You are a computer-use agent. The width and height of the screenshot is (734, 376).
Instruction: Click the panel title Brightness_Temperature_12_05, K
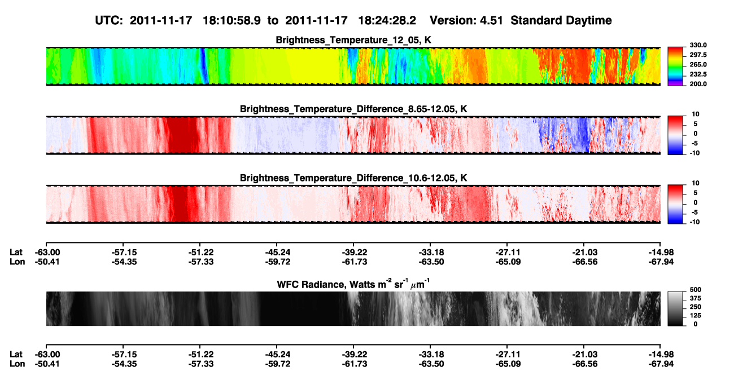[x=353, y=40]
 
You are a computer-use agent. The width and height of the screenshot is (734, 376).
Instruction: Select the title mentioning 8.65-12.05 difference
[x=353, y=109]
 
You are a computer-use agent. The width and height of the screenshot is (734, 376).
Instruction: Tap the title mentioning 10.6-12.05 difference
[x=353, y=178]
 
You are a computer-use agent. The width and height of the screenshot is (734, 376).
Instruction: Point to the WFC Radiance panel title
[x=353, y=284]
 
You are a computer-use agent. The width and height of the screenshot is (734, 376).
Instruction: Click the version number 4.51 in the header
[x=491, y=21]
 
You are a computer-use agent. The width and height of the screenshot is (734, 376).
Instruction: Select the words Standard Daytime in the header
[x=561, y=21]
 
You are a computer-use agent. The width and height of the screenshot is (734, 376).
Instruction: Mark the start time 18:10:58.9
[x=231, y=21]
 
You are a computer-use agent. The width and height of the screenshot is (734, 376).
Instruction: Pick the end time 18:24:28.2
[x=387, y=21]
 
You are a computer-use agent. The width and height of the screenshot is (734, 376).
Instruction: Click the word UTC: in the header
[x=109, y=21]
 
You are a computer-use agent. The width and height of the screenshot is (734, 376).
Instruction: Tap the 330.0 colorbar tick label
[x=698, y=45]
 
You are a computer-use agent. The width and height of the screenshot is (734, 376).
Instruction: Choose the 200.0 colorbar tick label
[x=698, y=84]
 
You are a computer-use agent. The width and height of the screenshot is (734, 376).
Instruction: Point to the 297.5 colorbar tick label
[x=698, y=55]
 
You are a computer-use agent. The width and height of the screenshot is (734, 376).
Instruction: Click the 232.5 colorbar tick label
[x=698, y=74]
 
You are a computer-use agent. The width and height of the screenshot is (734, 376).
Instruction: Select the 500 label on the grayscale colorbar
[x=696, y=290]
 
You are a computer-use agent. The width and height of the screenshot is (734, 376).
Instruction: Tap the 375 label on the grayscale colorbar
[x=696, y=298]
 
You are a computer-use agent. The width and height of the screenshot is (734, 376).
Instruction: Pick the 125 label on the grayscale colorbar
[x=696, y=316]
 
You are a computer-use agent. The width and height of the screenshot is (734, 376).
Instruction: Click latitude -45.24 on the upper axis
[x=278, y=253]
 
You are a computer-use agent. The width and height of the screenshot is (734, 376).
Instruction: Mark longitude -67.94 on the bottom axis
[x=661, y=364]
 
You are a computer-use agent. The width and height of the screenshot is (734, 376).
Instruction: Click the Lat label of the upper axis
[x=16, y=253]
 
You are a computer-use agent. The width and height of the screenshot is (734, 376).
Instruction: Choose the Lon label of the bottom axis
[x=18, y=364]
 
